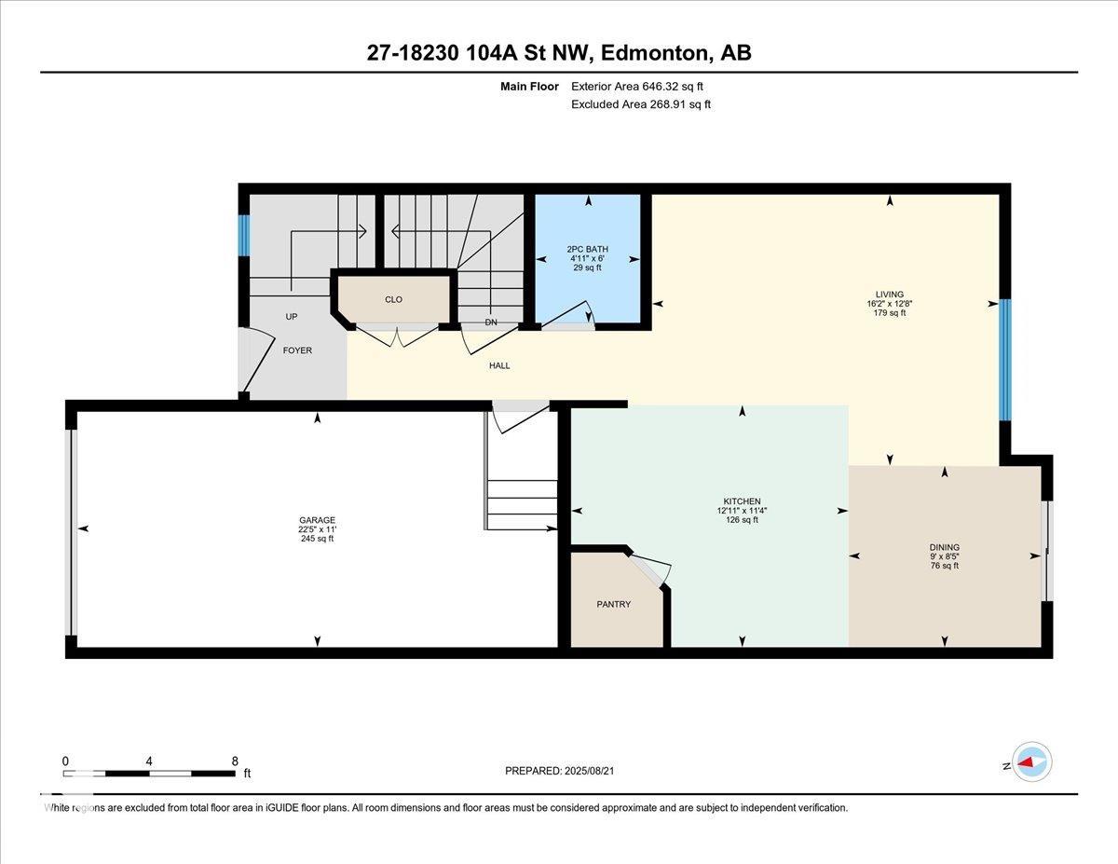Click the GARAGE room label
(318, 520)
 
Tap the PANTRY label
(613, 604)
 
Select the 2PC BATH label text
(588, 249)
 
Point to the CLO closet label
(393, 299)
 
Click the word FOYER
(297, 350)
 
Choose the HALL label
(499, 366)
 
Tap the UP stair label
(292, 317)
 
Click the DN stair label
(491, 322)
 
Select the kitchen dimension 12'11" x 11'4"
(742, 511)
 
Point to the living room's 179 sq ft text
(890, 313)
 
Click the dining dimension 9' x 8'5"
(944, 556)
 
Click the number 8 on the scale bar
(235, 761)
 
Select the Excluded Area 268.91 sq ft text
(641, 104)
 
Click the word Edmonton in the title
(654, 53)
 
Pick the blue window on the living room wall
(1005, 360)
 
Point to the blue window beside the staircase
(244, 235)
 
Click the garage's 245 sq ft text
(318, 539)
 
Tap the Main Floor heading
(529, 87)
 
